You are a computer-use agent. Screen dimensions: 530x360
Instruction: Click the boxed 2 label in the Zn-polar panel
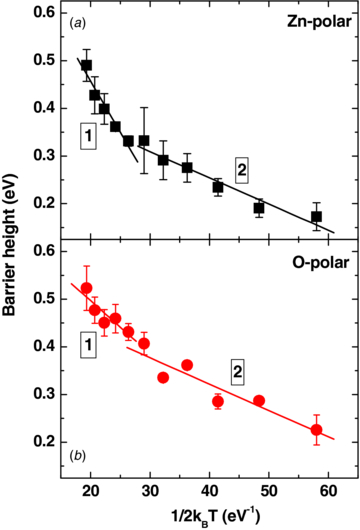click(241, 171)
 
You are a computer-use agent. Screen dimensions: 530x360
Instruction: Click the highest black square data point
click(86, 66)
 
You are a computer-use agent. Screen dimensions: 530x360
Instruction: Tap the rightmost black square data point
click(316, 216)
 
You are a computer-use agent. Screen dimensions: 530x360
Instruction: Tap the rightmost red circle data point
click(316, 430)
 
